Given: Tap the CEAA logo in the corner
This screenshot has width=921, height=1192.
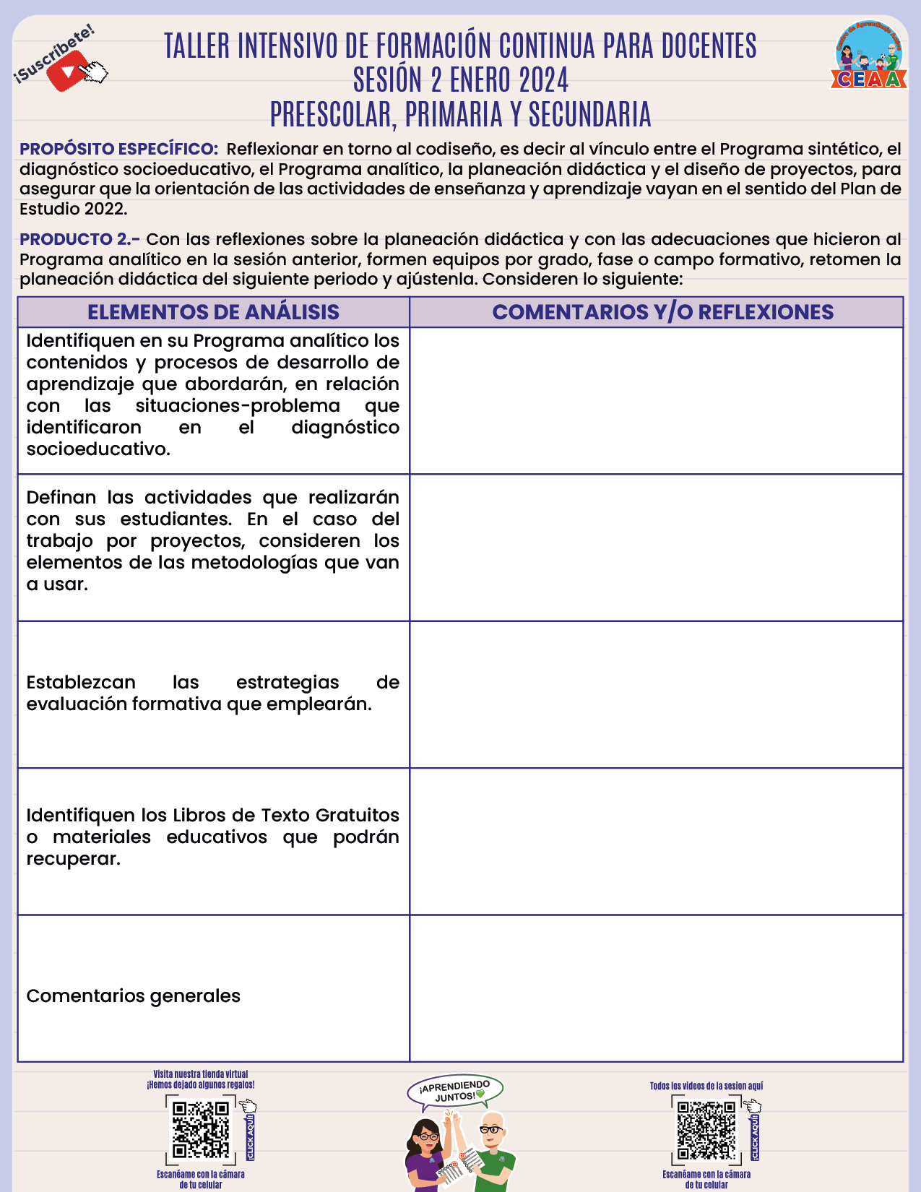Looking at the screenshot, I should [x=869, y=55].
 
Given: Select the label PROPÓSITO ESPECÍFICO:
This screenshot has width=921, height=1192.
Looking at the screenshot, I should [x=118, y=150].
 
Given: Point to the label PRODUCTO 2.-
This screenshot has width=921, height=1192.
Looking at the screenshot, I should [x=79, y=239].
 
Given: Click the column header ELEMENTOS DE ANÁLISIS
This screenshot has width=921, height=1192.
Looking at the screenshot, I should [x=213, y=312].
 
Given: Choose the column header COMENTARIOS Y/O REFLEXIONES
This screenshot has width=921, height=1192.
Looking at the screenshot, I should [x=662, y=312].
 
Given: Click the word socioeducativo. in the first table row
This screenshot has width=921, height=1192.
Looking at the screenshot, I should [x=98, y=449].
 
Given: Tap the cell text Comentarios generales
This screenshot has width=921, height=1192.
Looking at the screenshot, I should [x=133, y=996].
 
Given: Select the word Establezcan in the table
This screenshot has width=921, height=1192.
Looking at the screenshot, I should [x=81, y=683].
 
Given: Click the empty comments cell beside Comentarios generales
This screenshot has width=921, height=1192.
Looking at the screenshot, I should [x=656, y=988].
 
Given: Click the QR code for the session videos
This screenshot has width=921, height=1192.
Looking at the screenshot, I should [x=706, y=1130].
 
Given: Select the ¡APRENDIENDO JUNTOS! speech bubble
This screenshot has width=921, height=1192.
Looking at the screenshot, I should [x=455, y=1091].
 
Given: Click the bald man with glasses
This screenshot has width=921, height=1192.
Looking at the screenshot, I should [x=493, y=1149].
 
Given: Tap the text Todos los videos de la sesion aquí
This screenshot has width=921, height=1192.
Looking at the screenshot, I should [x=706, y=1086].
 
